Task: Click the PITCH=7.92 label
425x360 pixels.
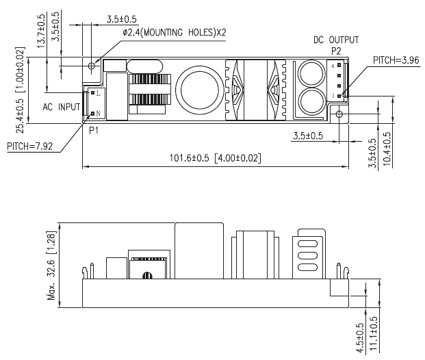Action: [30, 146]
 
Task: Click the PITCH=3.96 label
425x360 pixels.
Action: [396, 60]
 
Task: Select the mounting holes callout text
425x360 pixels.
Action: [175, 33]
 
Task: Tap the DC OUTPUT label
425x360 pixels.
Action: [336, 40]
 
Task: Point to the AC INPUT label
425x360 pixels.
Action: [62, 107]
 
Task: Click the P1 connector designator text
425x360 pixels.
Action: [94, 131]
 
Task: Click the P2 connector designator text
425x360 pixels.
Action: [336, 51]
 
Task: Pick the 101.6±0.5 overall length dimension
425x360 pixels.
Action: [216, 158]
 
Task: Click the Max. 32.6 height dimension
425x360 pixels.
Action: [51, 266]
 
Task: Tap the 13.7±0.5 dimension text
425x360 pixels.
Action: [42, 31]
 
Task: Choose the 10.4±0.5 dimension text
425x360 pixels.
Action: [387, 149]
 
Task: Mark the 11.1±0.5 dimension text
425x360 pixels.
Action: [373, 334]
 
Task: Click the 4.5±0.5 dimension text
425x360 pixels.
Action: [360, 338]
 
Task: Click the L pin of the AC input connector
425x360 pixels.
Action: [92, 92]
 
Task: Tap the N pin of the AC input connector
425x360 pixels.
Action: [92, 114]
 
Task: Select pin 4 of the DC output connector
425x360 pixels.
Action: [339, 65]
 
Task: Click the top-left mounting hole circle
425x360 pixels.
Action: [92, 66]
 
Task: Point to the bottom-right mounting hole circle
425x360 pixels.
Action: [339, 114]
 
